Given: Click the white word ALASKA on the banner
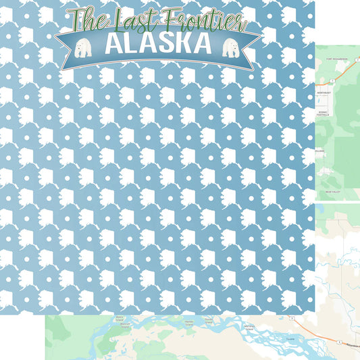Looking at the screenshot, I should [x=159, y=45].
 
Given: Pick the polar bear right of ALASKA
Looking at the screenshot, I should [x=231, y=49].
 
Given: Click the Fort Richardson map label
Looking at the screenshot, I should [x=336, y=59].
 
